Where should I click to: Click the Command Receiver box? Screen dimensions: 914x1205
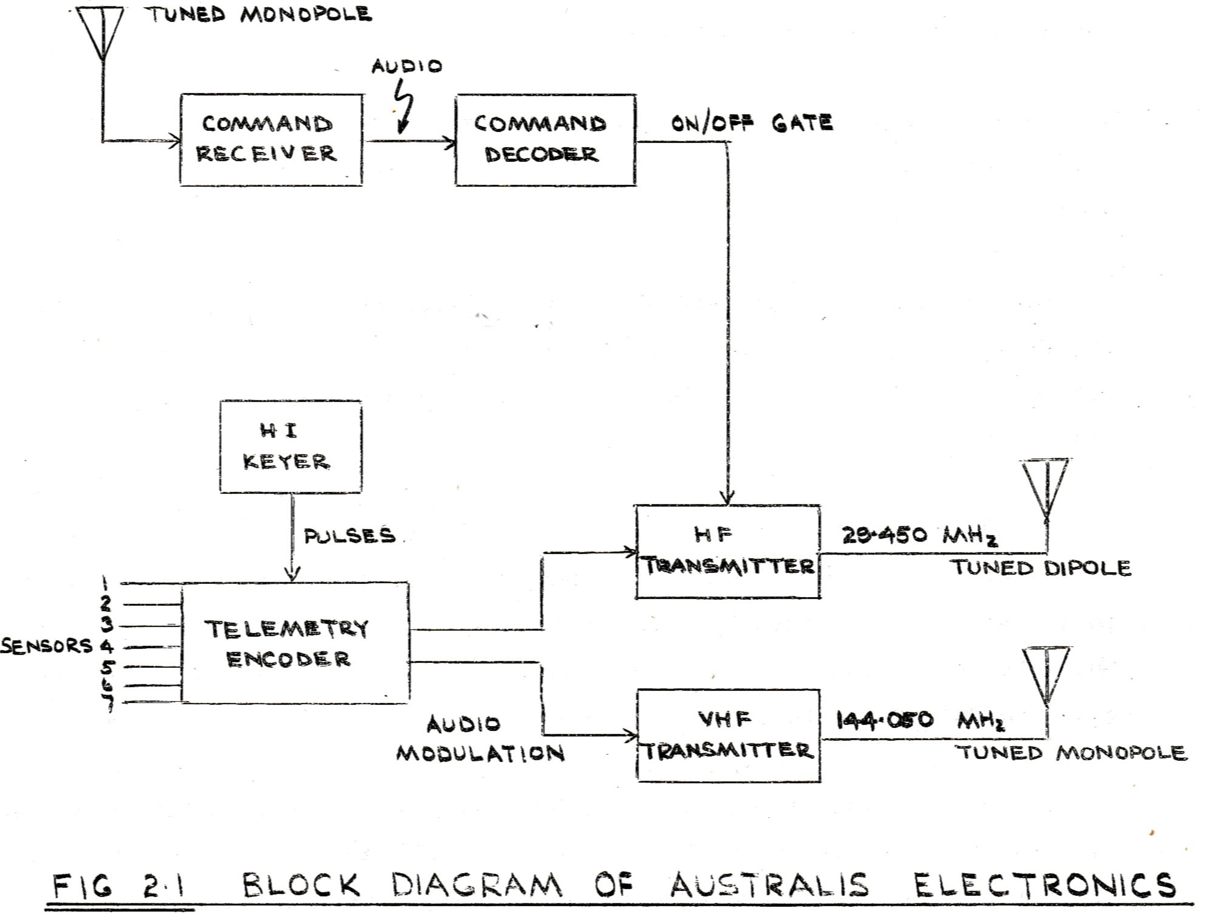pos(271,139)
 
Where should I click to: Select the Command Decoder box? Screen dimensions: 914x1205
pos(545,139)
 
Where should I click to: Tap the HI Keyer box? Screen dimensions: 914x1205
pos(290,446)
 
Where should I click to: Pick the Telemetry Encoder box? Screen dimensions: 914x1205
pos(295,643)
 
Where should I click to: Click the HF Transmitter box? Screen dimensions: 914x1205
pos(727,552)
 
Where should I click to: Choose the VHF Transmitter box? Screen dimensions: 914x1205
pos(728,735)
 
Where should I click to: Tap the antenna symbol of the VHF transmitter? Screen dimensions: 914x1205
pos(1045,675)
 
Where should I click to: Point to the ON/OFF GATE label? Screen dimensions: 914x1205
pos(751,123)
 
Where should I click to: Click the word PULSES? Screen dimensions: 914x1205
pos(349,536)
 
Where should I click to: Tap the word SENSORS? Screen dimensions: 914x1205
pos(46,646)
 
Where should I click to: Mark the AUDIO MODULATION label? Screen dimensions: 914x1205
pos(480,739)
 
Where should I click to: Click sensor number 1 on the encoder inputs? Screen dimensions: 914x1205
pos(105,584)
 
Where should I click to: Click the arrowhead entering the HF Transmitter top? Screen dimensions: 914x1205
pos(728,497)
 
